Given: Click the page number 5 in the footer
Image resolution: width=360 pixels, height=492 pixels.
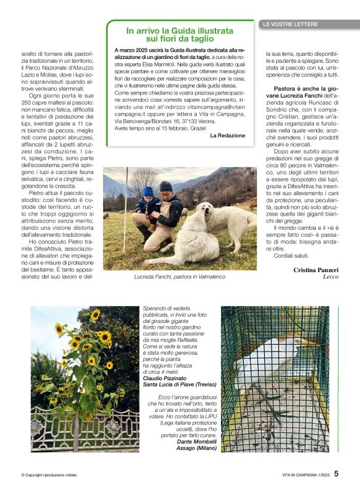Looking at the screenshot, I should [336, 473].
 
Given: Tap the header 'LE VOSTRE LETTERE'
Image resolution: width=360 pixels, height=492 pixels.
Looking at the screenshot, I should [290, 24].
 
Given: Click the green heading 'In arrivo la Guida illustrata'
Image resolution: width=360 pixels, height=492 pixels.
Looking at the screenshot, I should [180, 30].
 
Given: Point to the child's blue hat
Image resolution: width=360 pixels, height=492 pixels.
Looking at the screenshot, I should [148, 192].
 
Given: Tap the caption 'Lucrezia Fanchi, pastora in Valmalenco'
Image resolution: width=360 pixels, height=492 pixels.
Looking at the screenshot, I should [179, 276].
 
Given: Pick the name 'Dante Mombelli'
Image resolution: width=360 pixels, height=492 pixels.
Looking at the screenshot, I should [194, 424].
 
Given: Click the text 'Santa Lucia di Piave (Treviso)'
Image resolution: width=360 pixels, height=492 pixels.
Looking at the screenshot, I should [180, 385].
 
